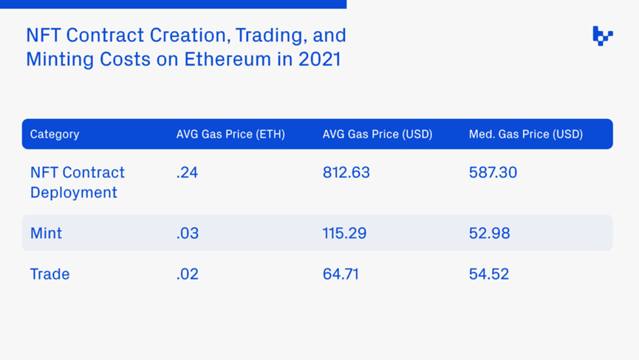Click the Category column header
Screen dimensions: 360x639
click(x=55, y=135)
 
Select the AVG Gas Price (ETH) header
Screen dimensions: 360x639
click(x=230, y=135)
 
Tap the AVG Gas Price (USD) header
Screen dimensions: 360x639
click(x=377, y=135)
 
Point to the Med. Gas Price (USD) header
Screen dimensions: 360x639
click(x=526, y=135)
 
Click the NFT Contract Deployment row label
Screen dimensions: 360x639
click(x=78, y=182)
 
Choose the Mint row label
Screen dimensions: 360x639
click(x=46, y=233)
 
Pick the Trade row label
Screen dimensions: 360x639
click(x=49, y=274)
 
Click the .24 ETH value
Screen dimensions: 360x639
click(x=188, y=172)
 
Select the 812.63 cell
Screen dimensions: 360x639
click(x=346, y=172)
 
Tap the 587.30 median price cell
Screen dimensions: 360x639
click(x=493, y=172)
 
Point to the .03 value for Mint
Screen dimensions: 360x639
click(x=188, y=233)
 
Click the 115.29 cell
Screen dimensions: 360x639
click(x=344, y=233)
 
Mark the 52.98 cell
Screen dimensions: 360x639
click(x=489, y=233)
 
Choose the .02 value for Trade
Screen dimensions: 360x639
click(x=188, y=274)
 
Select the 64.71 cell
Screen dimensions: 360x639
click(x=341, y=274)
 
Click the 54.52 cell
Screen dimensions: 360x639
click(x=489, y=274)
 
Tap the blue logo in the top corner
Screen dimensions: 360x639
click(x=603, y=35)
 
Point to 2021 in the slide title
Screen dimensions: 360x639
click(x=320, y=59)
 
